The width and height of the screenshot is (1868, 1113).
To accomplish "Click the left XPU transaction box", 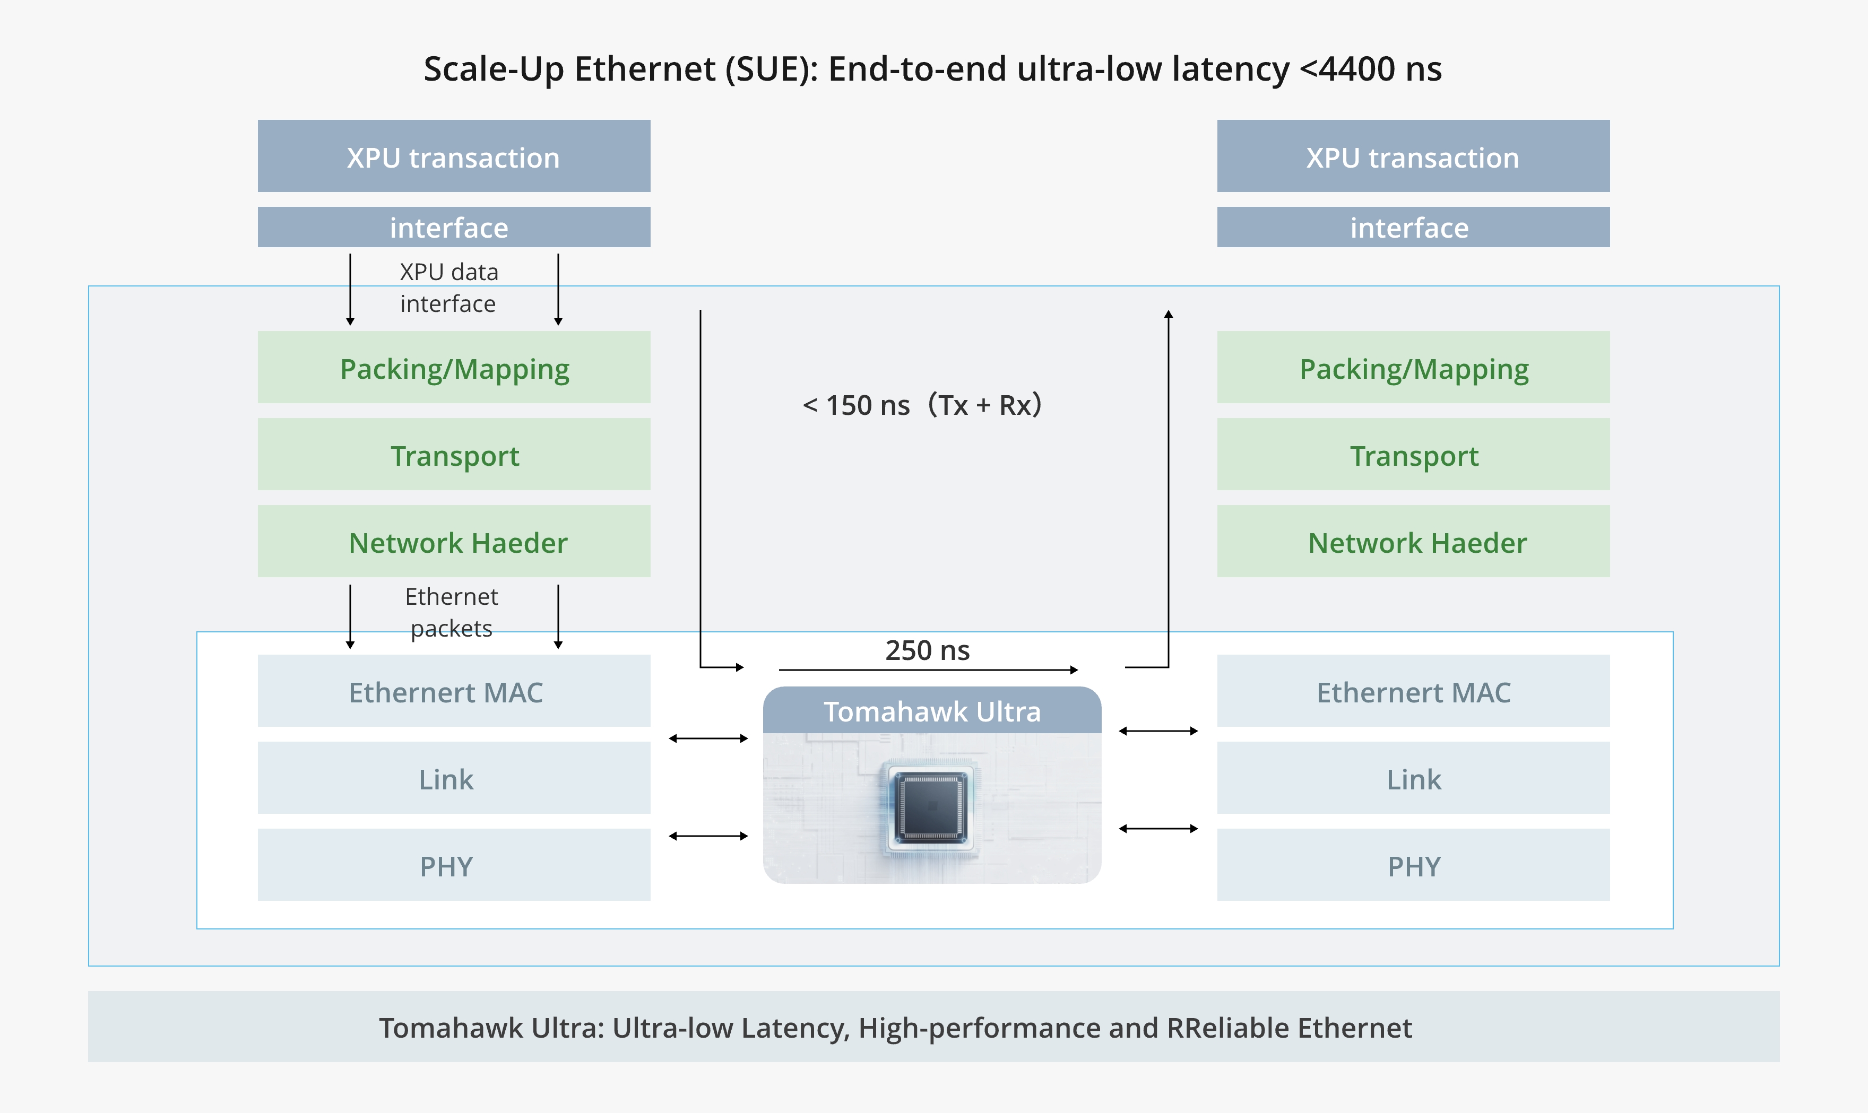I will (454, 156).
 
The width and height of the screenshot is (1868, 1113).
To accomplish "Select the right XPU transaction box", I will (1413, 156).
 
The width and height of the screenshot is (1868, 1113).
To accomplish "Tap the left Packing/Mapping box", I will (454, 368).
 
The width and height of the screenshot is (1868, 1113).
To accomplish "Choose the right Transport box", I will (1413, 455).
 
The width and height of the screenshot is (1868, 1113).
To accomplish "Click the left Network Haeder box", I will (454, 542).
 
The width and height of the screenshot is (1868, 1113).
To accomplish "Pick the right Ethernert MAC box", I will (1413, 691).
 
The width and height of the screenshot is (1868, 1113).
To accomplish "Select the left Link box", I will (454, 778).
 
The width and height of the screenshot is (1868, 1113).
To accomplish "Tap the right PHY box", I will (1413, 865).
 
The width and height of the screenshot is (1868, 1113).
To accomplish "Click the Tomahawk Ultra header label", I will (932, 711).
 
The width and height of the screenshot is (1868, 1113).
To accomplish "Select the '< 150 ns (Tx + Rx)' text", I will (922, 405).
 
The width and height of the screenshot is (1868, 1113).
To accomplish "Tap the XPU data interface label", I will (448, 287).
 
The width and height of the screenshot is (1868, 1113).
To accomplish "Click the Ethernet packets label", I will (451, 612).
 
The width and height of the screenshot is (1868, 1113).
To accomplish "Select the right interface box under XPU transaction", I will (1413, 227).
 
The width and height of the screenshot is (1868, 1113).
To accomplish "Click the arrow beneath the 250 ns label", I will (928, 669).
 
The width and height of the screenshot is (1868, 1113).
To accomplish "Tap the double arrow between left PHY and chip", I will (708, 836).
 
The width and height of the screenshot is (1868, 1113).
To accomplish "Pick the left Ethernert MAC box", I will (454, 691).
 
